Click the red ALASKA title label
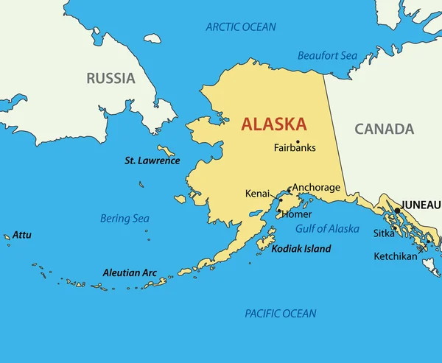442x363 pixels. click(x=275, y=124)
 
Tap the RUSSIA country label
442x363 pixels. click(x=110, y=78)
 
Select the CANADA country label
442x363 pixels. click(x=384, y=130)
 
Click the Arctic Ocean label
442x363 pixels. click(x=241, y=27)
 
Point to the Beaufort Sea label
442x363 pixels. click(x=327, y=55)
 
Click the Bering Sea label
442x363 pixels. click(x=124, y=219)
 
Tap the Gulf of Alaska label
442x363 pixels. click(x=328, y=229)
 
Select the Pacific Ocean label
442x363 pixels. click(x=281, y=314)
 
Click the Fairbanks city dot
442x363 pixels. click(x=298, y=141)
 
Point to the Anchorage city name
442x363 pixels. click(x=316, y=188)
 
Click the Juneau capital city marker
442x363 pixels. click(x=398, y=211)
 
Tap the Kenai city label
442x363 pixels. click(x=258, y=194)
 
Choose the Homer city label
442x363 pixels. click(x=296, y=215)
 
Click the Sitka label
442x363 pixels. click(x=384, y=233)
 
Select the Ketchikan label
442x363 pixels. click(x=395, y=256)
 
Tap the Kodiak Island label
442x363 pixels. click(x=301, y=250)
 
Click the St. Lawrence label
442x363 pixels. click(x=152, y=161)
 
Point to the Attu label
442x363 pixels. click(x=21, y=235)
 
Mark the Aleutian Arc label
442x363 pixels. click(x=130, y=272)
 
